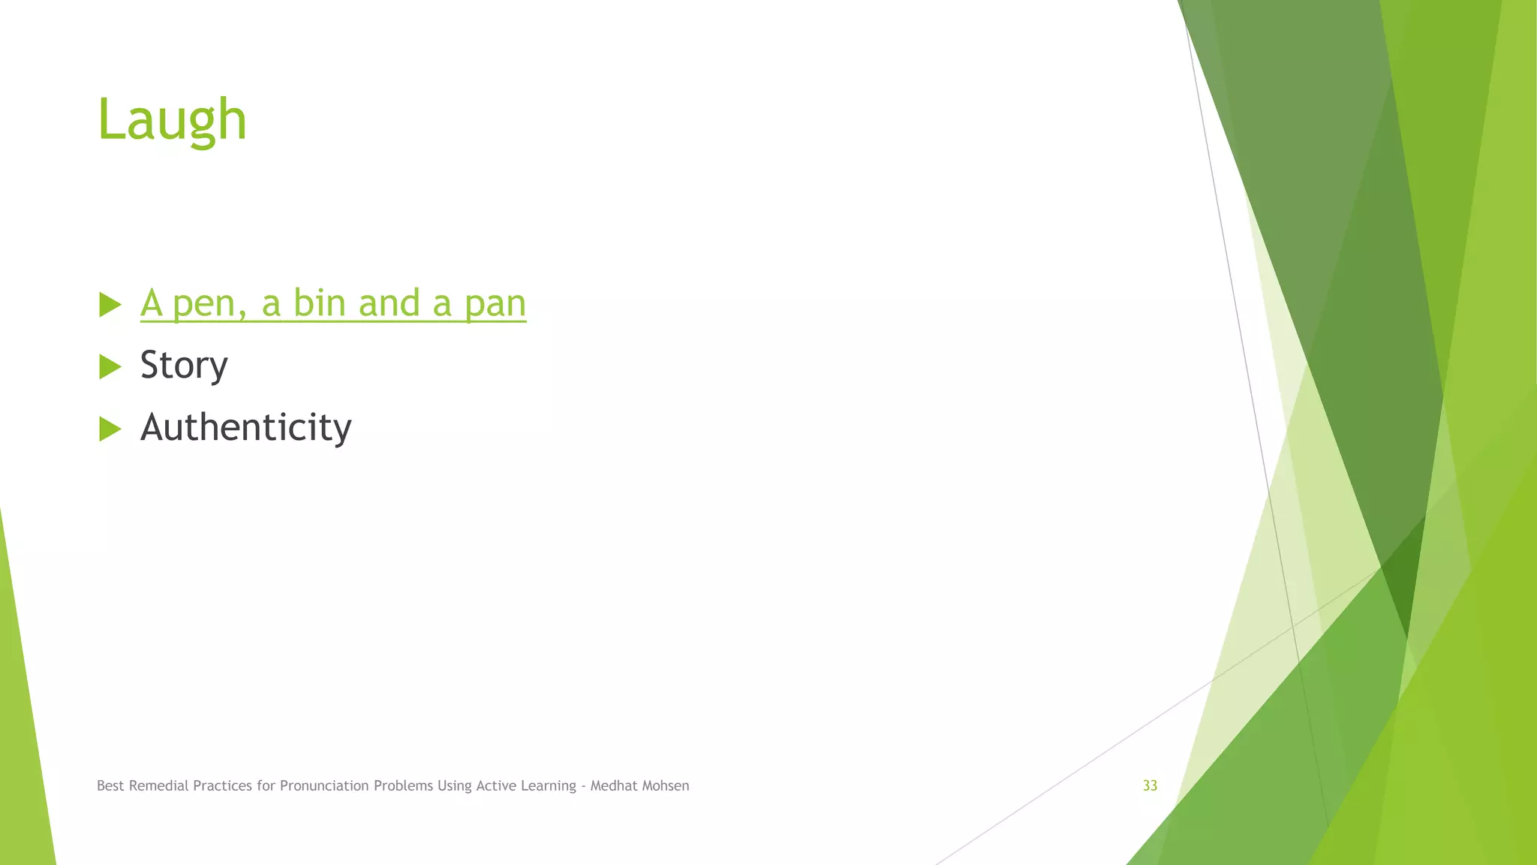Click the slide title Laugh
172,120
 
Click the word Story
184,366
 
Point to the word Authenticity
245,427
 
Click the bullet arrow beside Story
110,366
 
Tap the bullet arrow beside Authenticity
110,429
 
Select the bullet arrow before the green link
110,305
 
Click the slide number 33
1150,785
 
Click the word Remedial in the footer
158,785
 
